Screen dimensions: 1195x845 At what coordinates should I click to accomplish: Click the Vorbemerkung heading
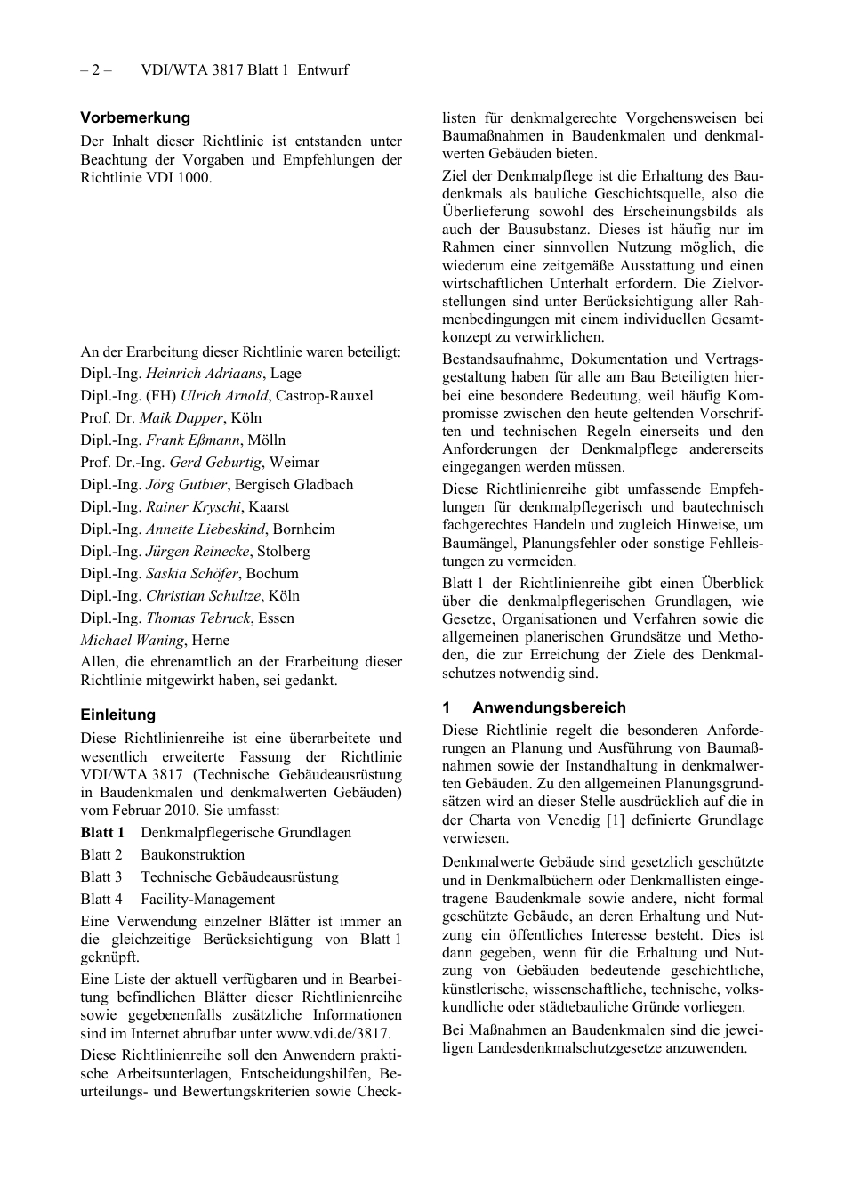tap(135, 117)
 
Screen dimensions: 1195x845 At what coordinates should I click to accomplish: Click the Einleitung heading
tap(117, 715)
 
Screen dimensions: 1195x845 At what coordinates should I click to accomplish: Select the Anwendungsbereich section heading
tap(549, 707)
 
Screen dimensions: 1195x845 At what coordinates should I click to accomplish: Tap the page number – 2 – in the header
tap(95, 69)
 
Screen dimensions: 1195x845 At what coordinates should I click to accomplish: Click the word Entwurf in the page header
tap(323, 69)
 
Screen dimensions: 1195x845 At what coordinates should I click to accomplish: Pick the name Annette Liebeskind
tap(205, 529)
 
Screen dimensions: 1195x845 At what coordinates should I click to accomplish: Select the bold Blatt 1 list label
tap(102, 833)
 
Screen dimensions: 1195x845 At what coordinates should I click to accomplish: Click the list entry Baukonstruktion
tap(192, 855)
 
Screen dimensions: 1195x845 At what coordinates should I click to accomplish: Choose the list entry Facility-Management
tap(207, 900)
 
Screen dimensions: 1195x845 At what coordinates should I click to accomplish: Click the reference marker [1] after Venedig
tap(615, 820)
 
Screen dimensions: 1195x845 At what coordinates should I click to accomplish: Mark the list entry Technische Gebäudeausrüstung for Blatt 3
tap(239, 877)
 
